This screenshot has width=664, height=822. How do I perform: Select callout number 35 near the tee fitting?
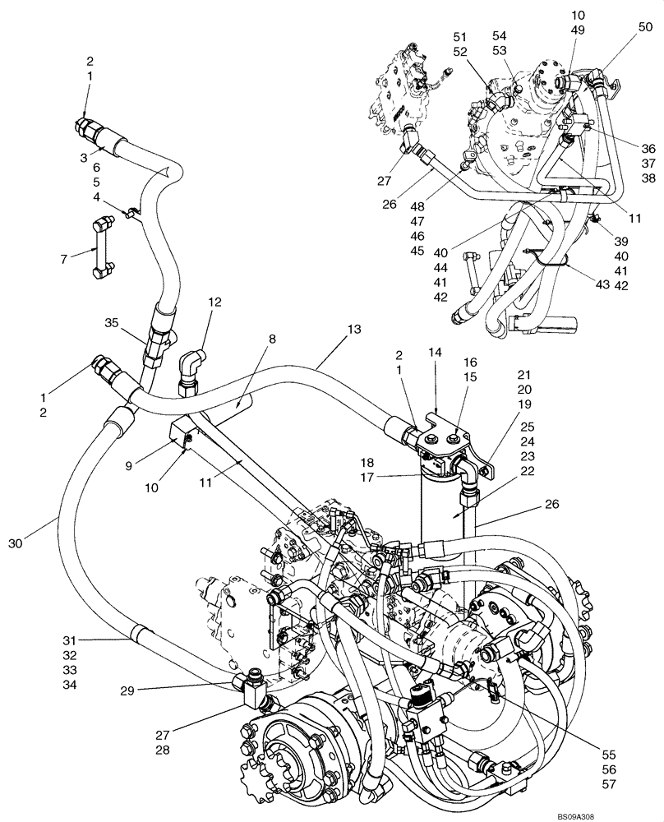113,321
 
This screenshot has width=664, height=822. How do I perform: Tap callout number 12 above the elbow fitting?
214,302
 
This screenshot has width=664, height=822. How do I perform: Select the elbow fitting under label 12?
191,367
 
